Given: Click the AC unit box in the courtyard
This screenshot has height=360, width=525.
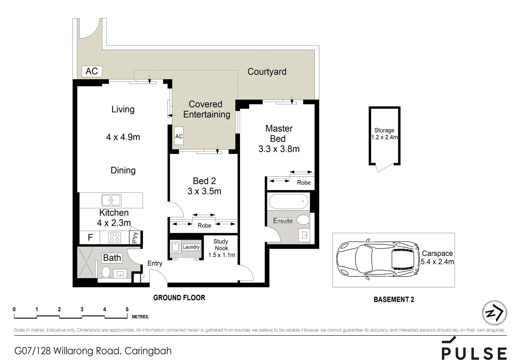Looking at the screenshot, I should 92,71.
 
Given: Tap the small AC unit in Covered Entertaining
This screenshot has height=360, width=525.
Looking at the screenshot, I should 179,136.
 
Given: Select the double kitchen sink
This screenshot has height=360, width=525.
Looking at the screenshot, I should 111,200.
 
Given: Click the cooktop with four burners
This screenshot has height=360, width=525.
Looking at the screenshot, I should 114,238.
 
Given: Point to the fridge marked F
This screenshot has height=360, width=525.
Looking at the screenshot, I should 90,238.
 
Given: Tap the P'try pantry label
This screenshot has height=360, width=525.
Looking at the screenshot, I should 135,238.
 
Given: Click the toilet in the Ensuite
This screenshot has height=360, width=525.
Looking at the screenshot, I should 303,220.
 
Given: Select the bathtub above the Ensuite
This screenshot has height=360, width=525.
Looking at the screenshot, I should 288,201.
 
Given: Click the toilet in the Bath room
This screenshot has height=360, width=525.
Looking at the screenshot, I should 106,272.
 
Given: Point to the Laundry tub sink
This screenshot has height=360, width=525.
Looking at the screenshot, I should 175,247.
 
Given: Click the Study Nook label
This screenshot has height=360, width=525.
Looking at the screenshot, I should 221,245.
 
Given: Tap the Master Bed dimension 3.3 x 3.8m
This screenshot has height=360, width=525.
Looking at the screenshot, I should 279,149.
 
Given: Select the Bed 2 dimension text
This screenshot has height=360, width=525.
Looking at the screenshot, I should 204,191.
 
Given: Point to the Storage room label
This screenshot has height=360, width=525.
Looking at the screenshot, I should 384,130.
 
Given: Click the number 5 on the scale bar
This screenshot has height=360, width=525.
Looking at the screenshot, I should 127,309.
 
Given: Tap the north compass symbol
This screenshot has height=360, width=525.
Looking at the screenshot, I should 494,313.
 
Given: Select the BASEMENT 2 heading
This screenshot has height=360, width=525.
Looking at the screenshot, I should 394,299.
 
